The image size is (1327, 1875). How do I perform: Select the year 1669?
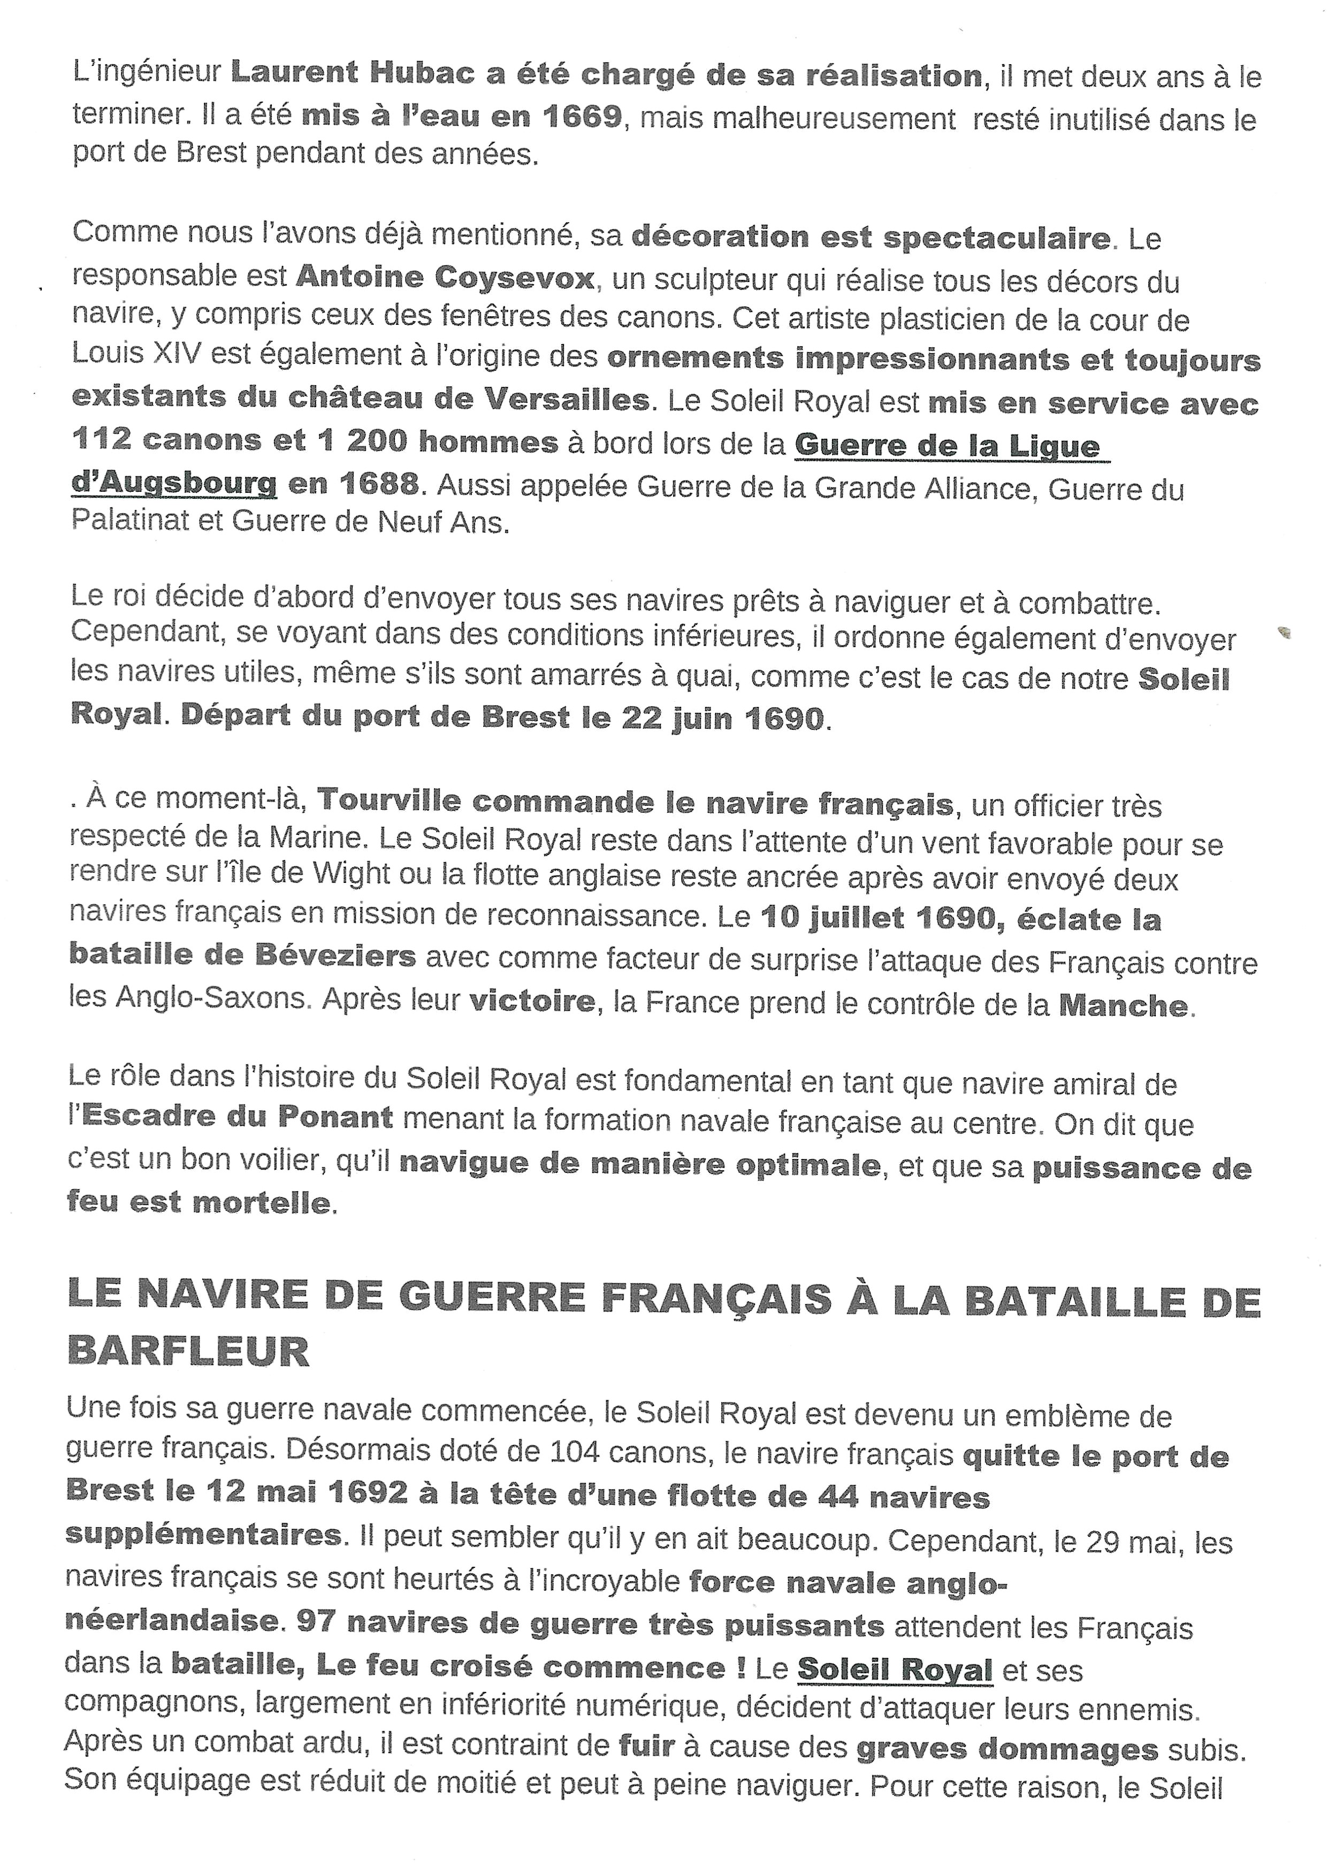pos(582,116)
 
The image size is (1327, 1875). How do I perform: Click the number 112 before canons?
pos(101,441)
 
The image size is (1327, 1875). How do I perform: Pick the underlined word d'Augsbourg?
pos(174,484)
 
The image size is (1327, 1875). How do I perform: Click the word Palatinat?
pos(131,521)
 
